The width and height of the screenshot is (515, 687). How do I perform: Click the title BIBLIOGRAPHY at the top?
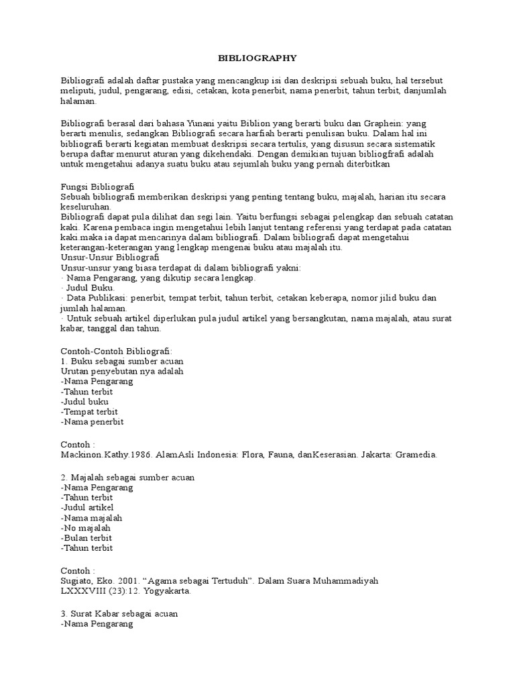tap(257, 58)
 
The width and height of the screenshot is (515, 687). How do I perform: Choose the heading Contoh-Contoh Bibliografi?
tap(117, 351)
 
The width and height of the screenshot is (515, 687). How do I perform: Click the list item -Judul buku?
tap(84, 401)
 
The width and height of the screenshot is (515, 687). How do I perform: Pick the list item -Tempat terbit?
tap(89, 411)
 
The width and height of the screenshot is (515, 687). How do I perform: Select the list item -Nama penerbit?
tap(92, 422)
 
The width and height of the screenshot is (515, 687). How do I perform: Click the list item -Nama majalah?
tap(91, 518)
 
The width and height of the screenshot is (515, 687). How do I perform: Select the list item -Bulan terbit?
tap(86, 538)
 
